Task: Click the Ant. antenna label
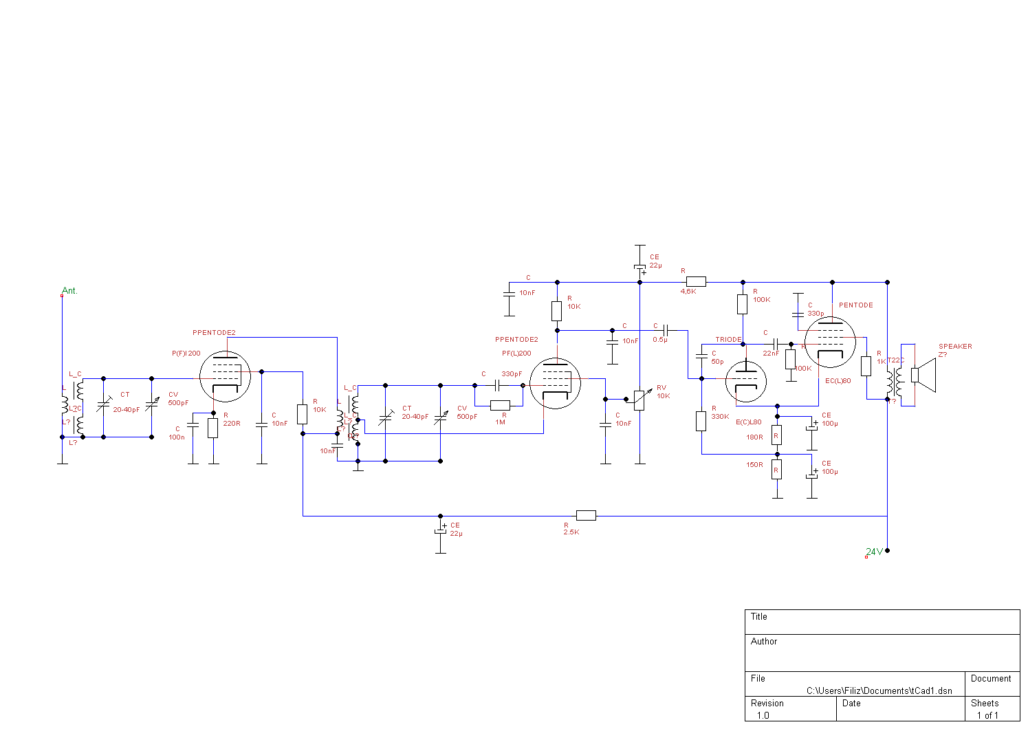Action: (69, 291)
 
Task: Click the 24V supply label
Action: (874, 552)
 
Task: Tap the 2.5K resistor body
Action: (586, 516)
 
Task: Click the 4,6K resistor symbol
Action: (696, 281)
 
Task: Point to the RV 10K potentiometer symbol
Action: (639, 400)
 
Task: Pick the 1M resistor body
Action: (500, 405)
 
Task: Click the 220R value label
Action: (232, 424)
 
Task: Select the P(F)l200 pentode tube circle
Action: (225, 377)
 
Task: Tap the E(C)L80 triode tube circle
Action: (746, 381)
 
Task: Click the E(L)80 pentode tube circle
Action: (831, 342)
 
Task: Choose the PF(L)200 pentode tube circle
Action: (556, 382)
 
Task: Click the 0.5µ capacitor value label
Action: (659, 340)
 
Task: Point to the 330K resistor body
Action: (701, 421)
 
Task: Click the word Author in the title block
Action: (764, 641)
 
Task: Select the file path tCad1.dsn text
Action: (879, 690)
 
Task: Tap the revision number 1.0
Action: (763, 715)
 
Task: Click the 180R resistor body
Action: (776, 435)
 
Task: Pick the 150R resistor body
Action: (776, 469)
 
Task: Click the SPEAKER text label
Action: (955, 347)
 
